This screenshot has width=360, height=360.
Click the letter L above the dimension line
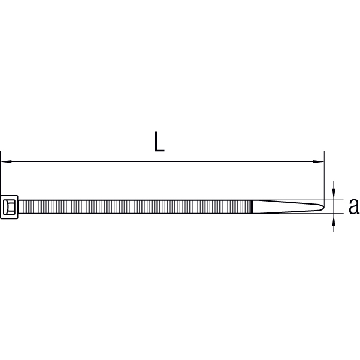(x=160, y=142)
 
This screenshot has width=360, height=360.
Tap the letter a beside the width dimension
(x=354, y=206)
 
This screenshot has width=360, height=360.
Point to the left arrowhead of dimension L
(x=6, y=161)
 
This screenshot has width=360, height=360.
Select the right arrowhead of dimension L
(x=319, y=161)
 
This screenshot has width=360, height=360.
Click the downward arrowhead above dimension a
(x=334, y=194)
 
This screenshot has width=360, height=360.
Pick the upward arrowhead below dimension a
(x=334, y=219)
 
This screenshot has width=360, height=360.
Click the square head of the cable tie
(x=9, y=207)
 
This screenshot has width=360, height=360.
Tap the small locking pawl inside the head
(x=10, y=207)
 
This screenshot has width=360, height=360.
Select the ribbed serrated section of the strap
(x=135, y=207)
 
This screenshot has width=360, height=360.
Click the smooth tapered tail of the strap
(x=287, y=207)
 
